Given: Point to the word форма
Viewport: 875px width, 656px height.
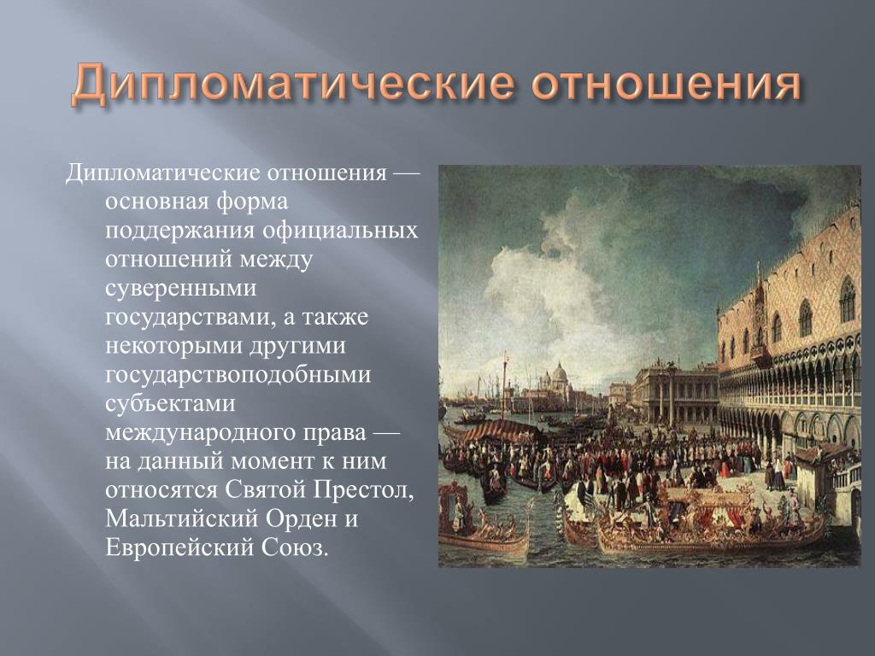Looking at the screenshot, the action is [x=252, y=202].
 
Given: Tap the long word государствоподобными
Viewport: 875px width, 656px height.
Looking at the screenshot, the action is [x=238, y=375].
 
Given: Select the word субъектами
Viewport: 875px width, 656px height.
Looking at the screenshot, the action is [x=170, y=403].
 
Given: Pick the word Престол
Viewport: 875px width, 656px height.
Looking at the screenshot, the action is [x=363, y=489].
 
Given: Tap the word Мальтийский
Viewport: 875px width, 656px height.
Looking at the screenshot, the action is [x=181, y=518].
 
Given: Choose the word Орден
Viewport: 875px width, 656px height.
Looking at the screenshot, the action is [x=300, y=518].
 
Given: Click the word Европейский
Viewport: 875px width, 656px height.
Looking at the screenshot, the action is [x=179, y=548].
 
